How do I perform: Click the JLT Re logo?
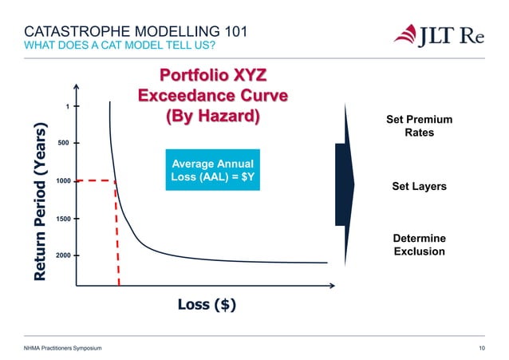(x=438, y=36)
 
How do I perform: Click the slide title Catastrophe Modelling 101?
(x=132, y=33)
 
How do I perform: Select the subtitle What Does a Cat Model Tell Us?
(x=119, y=47)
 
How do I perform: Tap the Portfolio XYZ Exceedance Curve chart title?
(x=212, y=96)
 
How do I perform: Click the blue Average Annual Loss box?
(x=213, y=169)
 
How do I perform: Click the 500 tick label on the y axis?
(x=64, y=144)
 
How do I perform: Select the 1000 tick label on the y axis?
(x=64, y=181)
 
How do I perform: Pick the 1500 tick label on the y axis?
(x=64, y=218)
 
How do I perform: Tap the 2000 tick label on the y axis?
(x=64, y=255)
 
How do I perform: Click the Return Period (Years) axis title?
(x=39, y=201)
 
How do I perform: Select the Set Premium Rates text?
(x=419, y=126)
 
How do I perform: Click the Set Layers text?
(x=419, y=186)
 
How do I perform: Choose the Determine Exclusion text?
(x=419, y=245)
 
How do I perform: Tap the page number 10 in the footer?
(x=481, y=349)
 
